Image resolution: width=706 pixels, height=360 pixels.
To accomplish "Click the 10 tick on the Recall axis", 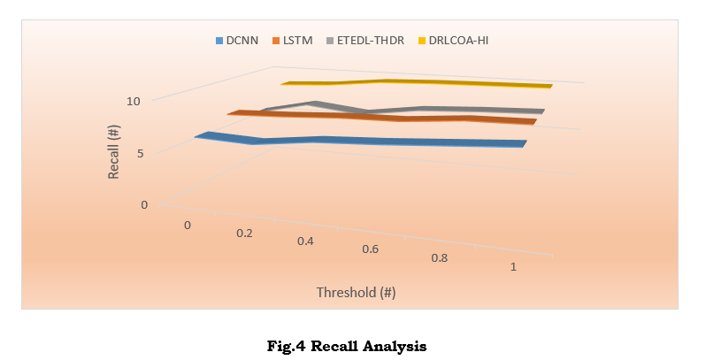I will click(133, 101).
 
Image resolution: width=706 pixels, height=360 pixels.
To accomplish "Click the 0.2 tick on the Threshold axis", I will click(244, 234).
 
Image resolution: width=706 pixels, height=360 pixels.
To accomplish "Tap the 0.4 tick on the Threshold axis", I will click(304, 241).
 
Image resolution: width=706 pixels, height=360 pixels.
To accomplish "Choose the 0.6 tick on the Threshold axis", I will click(370, 249).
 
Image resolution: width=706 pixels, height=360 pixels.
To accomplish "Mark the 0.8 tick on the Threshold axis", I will click(439, 258).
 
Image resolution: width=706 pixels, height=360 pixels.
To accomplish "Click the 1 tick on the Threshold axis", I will click(513, 267).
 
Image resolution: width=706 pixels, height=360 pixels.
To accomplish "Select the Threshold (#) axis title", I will click(356, 292).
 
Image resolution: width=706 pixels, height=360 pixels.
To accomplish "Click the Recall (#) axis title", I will click(114, 153).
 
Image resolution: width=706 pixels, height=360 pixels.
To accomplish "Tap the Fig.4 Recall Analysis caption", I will click(347, 346).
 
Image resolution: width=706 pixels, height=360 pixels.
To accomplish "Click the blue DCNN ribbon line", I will click(372, 142).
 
